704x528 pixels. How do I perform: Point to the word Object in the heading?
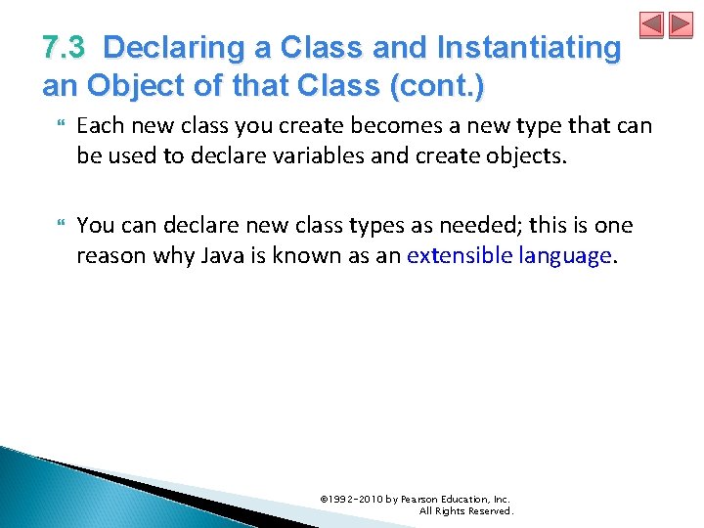pyautogui.click(x=138, y=86)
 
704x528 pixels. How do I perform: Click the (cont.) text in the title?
pyautogui.click(x=436, y=86)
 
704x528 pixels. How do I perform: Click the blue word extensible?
pyautogui.click(x=455, y=255)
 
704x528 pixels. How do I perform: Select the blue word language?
pyautogui.click(x=562, y=255)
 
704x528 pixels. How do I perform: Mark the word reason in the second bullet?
pyautogui.click(x=107, y=255)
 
